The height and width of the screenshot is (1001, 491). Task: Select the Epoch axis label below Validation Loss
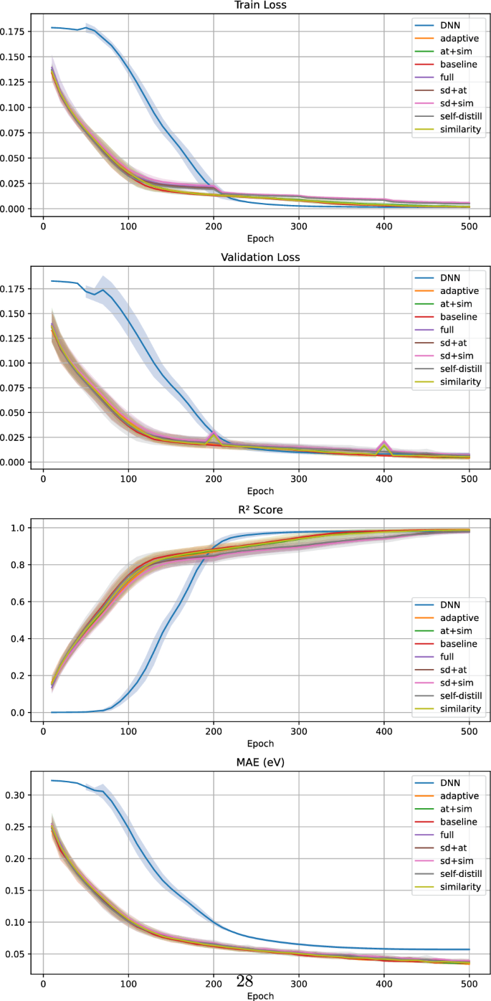(x=260, y=491)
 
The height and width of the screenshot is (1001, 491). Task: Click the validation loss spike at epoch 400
(x=384, y=445)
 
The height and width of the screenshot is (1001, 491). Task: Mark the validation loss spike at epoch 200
(x=214, y=434)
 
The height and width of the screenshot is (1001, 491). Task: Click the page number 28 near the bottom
(x=244, y=979)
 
